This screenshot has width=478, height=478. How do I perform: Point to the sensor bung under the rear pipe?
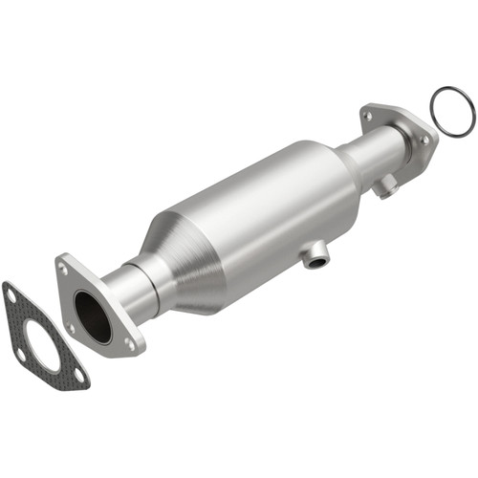386,188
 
